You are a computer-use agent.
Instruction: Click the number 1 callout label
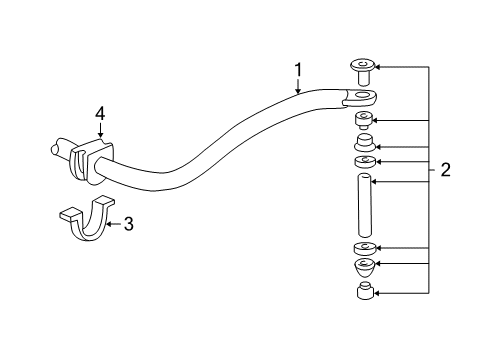click(298, 69)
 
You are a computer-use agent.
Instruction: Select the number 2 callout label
click(446, 170)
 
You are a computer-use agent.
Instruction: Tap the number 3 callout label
click(128, 224)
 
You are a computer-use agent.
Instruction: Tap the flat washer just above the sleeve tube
click(365, 161)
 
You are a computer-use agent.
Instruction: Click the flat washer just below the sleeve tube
click(365, 248)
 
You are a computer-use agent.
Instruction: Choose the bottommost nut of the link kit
click(366, 294)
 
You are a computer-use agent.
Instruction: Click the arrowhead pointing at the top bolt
click(379, 67)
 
